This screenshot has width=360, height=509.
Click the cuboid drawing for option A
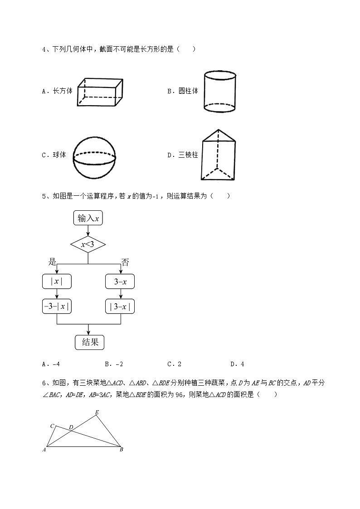pyautogui.click(x=100, y=92)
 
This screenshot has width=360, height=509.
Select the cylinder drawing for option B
pyautogui.click(x=219, y=91)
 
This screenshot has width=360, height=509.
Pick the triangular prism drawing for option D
pyautogui.click(x=218, y=155)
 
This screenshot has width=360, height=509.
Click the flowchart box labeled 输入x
pyautogui.click(x=88, y=218)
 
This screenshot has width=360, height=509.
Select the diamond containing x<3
pyautogui.click(x=88, y=245)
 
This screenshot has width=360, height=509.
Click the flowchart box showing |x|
pyautogui.click(x=57, y=281)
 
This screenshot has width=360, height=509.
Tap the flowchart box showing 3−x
pyautogui.click(x=120, y=281)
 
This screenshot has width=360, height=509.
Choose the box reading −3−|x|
pyautogui.click(x=57, y=306)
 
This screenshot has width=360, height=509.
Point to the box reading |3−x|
pyautogui.click(x=120, y=306)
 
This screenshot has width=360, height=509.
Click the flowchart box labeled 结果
pyautogui.click(x=89, y=342)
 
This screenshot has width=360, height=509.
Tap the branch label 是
pyautogui.click(x=52, y=262)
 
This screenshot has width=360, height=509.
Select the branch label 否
pyautogui.click(x=125, y=262)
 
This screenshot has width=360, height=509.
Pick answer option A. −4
pyautogui.click(x=50, y=364)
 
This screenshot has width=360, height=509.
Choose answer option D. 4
pyautogui.click(x=238, y=364)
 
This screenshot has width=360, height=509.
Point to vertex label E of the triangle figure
pyautogui.click(x=97, y=412)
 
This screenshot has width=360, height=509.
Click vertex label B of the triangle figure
pyautogui.click(x=122, y=450)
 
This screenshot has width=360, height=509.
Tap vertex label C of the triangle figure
pyautogui.click(x=52, y=426)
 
